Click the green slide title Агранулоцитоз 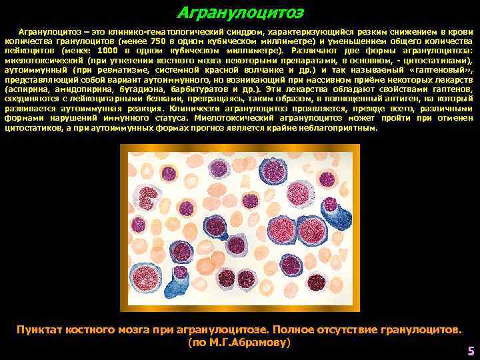click(x=240, y=13)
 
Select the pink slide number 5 click(x=471, y=351)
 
